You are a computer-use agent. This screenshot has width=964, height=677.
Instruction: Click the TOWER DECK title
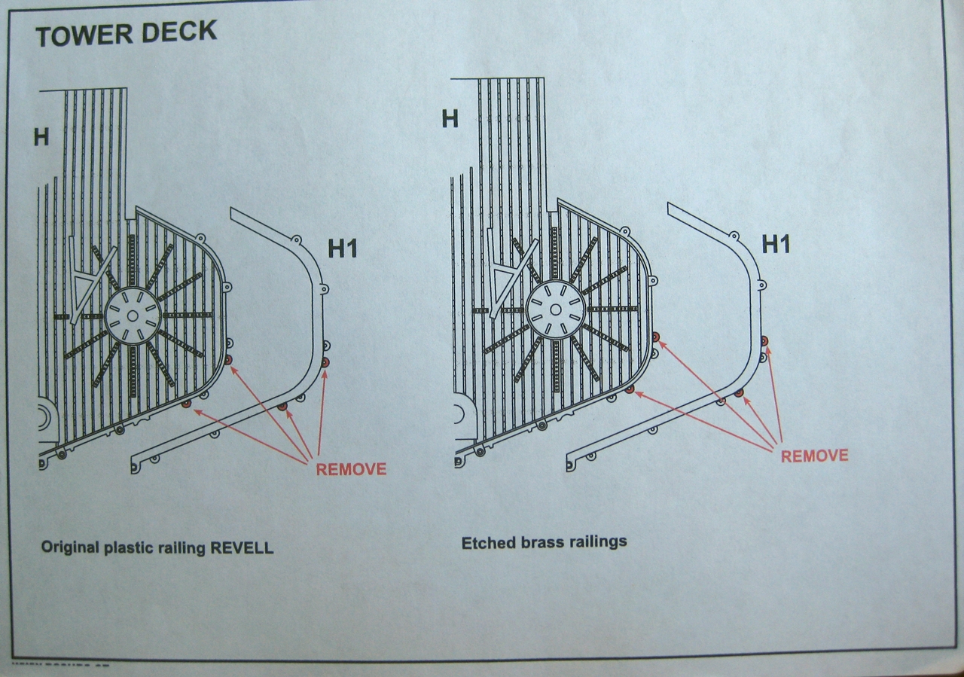(126, 33)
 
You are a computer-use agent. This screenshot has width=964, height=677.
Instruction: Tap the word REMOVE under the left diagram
(351, 469)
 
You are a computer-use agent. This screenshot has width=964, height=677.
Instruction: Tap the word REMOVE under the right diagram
(814, 456)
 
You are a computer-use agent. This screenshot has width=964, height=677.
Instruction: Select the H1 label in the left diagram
(343, 248)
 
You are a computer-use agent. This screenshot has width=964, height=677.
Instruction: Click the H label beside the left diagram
(41, 137)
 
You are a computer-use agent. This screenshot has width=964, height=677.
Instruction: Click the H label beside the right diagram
(450, 119)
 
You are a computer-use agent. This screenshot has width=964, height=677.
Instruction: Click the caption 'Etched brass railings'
(544, 542)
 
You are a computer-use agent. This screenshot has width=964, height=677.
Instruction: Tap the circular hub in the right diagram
(555, 309)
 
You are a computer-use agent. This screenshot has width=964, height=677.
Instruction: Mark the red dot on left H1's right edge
(325, 363)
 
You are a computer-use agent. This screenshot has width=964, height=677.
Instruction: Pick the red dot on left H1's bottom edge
(282, 407)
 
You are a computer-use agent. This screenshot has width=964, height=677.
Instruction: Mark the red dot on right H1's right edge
(764, 341)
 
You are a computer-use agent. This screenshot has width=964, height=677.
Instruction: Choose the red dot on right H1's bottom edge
(739, 393)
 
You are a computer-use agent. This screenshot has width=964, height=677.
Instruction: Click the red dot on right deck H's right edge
(656, 337)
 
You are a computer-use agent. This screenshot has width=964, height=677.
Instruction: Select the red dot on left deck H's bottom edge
(186, 405)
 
